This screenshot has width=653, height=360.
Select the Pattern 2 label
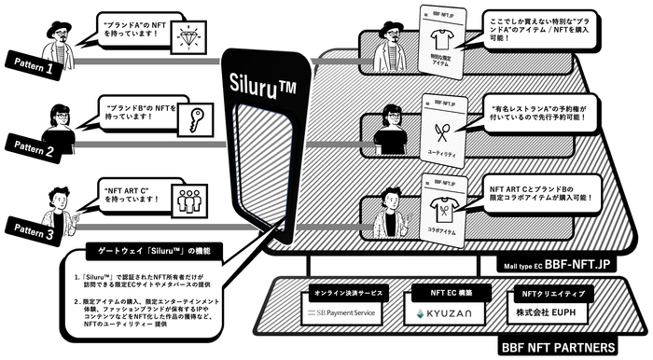point(35,148)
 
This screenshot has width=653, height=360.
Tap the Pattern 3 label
point(34,229)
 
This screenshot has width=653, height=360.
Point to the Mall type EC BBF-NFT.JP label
point(568,264)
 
